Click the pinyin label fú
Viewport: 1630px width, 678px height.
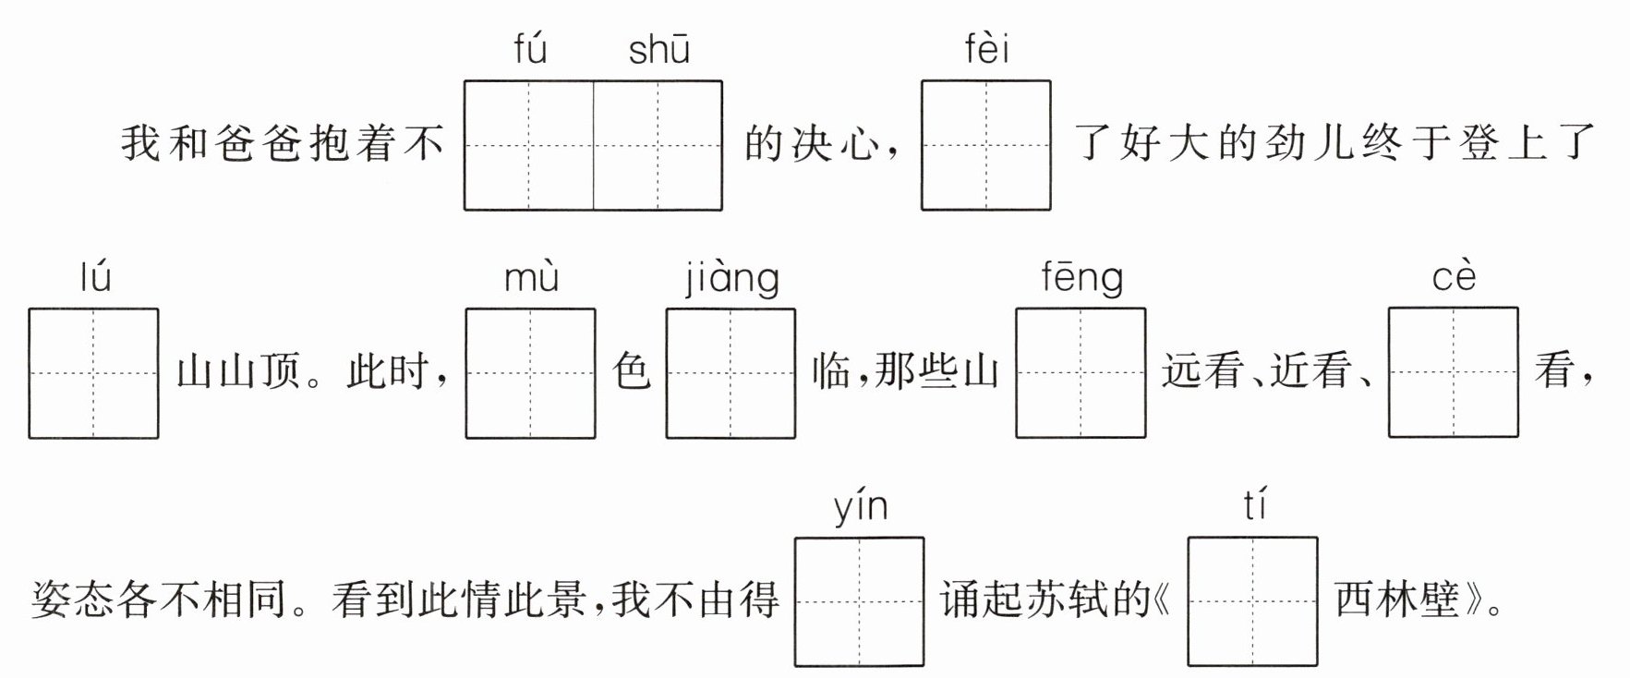(x=530, y=50)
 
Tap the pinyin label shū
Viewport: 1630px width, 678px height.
(x=658, y=50)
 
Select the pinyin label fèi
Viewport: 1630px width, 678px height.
(x=986, y=50)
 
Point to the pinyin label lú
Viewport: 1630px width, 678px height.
(x=95, y=277)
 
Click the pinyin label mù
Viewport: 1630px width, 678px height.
(x=531, y=278)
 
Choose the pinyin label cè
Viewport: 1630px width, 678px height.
(x=1454, y=278)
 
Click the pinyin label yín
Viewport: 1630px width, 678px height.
(x=860, y=507)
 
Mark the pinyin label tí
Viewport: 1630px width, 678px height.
(x=1254, y=506)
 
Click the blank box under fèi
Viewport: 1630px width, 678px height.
(x=986, y=146)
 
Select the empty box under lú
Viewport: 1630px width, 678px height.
(x=93, y=373)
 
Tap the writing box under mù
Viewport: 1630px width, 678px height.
(x=530, y=373)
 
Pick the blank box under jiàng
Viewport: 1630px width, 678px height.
(x=730, y=373)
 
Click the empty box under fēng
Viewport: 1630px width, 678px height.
(x=1081, y=373)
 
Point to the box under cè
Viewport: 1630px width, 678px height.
(x=1454, y=372)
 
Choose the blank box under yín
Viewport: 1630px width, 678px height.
(x=860, y=602)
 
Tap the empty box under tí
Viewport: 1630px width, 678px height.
(x=1253, y=602)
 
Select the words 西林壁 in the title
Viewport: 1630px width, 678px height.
(x=1396, y=601)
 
